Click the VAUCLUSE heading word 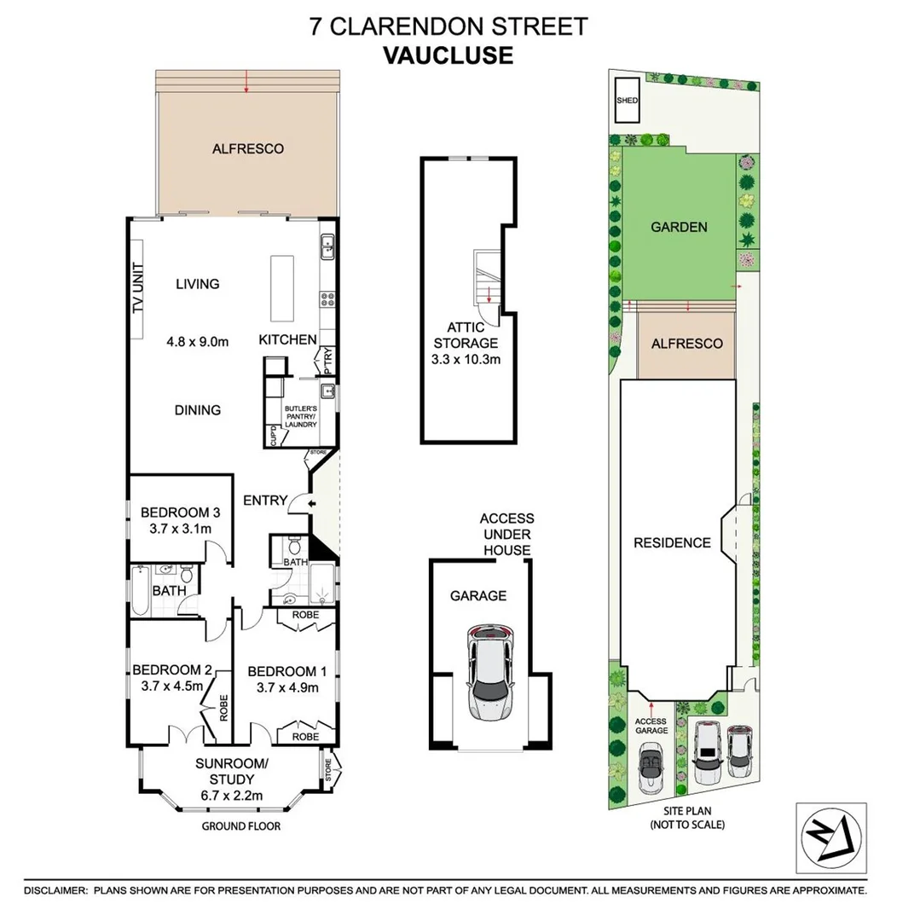[448, 55]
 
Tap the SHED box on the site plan [627, 101]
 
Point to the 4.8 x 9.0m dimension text [197, 342]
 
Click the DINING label [197, 410]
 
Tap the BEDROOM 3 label [181, 513]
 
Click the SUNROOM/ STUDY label [232, 771]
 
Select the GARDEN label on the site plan [679, 227]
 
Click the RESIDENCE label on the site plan [671, 542]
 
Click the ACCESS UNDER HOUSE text [506, 534]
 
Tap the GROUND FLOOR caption [240, 826]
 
